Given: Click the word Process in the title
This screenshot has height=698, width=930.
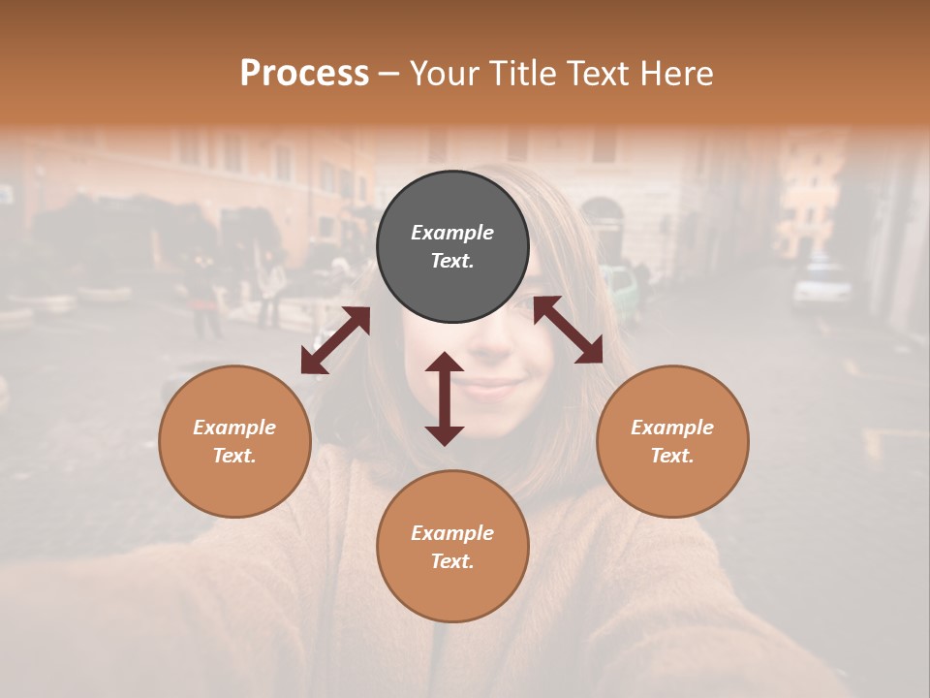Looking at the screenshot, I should pos(304,74).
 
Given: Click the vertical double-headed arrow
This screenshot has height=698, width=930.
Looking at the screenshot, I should pos(445,398).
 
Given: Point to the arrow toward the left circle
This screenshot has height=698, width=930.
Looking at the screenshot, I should pos(335,340).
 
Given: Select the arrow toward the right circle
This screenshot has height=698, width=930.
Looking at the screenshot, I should pos(568,330).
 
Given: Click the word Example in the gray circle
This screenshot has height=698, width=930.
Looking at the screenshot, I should pos(452,233).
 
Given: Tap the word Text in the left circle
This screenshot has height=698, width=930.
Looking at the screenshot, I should pos(234,456).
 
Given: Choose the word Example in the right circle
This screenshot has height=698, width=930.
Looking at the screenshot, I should pos(672,428).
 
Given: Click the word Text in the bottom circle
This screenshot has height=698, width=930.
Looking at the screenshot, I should pos(452,561).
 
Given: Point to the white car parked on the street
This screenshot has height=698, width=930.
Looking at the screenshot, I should pos(821,283).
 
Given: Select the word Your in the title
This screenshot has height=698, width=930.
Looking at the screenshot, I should pos(444,74).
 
